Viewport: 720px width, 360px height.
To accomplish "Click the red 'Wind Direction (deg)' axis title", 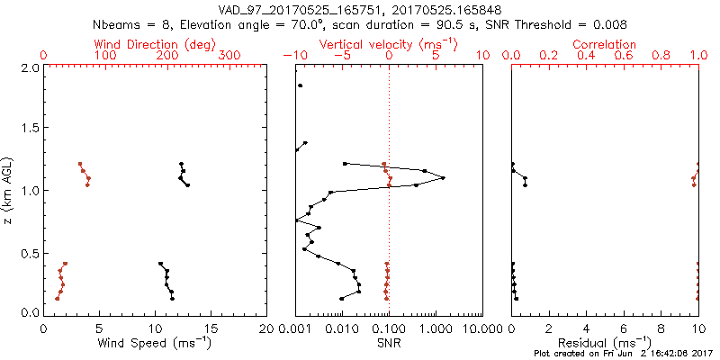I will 155,44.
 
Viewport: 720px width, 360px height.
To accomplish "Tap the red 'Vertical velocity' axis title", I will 388,44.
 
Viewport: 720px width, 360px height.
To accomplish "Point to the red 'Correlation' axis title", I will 605,44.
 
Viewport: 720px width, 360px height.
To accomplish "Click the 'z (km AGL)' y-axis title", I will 8,190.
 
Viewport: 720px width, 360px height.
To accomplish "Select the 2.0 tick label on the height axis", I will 29,67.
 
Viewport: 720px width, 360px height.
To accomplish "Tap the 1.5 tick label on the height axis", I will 29,129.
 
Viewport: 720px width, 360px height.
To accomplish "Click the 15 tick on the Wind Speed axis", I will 211,328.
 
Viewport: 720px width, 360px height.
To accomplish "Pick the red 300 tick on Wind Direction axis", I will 230,56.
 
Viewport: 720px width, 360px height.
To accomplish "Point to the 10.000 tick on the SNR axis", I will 482,328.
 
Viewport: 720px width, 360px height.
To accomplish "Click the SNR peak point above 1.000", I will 443,178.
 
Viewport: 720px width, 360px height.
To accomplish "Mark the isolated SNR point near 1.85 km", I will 301,85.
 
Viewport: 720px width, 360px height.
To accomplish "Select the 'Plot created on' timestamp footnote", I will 623,354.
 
